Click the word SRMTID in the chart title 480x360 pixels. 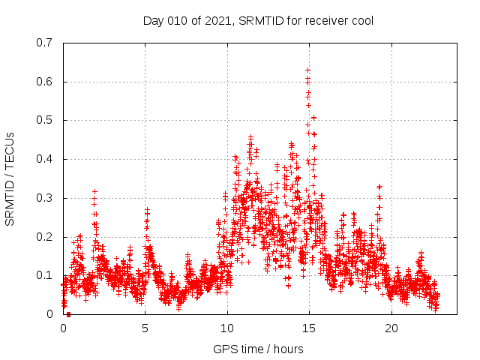[x=262, y=20]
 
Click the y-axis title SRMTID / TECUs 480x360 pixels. [x=10, y=178]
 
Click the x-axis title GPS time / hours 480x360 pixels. [x=258, y=349]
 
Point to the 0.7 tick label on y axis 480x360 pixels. [x=45, y=43]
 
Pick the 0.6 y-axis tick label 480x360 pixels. [x=45, y=82]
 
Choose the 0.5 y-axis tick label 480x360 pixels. [x=45, y=120]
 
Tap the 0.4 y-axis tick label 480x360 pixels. [x=45, y=159]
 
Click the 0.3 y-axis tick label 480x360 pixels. [x=45, y=198]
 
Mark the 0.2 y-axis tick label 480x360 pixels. [x=45, y=237]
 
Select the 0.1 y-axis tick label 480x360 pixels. [x=45, y=275]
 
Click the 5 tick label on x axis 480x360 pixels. [x=145, y=328]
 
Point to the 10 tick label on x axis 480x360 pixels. [x=227, y=328]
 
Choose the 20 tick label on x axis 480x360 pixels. [x=391, y=328]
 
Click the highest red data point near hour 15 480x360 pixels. [x=307, y=70]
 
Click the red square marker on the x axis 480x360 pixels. [x=68, y=314]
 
